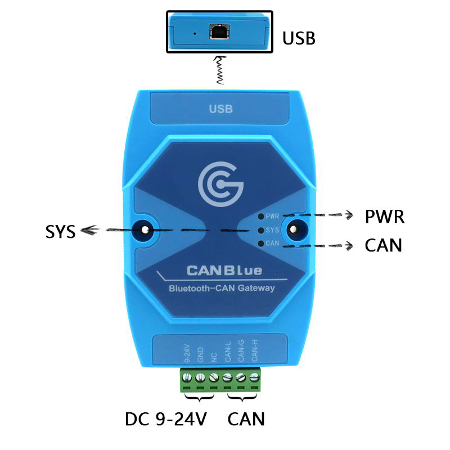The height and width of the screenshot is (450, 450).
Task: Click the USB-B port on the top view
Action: [219, 31]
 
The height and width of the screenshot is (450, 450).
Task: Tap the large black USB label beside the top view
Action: [299, 38]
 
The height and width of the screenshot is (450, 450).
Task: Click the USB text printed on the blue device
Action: [220, 109]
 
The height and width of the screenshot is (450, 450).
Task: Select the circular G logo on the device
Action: [220, 184]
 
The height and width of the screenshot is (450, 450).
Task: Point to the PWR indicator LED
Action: [261, 217]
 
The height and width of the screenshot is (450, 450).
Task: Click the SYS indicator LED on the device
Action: [261, 230]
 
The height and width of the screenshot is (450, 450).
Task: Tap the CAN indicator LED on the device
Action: [261, 244]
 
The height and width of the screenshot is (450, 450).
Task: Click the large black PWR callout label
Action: [385, 217]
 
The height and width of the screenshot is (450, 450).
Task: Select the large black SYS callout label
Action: [61, 231]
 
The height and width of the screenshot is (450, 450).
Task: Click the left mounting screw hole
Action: [145, 229]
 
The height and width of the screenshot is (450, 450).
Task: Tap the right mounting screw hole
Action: [293, 229]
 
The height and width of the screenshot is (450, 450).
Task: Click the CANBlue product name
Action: [224, 271]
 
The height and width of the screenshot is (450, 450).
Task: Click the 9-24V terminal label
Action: [187, 353]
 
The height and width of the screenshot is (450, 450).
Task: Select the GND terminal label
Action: [200, 355]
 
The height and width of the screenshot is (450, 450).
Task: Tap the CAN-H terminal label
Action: [255, 350]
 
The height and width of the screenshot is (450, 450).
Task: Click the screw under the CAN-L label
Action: [227, 377]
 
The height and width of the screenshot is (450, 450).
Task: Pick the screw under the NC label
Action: [214, 377]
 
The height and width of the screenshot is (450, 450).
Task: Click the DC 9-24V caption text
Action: [166, 419]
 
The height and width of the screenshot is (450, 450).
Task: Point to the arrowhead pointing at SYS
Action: [89, 230]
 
